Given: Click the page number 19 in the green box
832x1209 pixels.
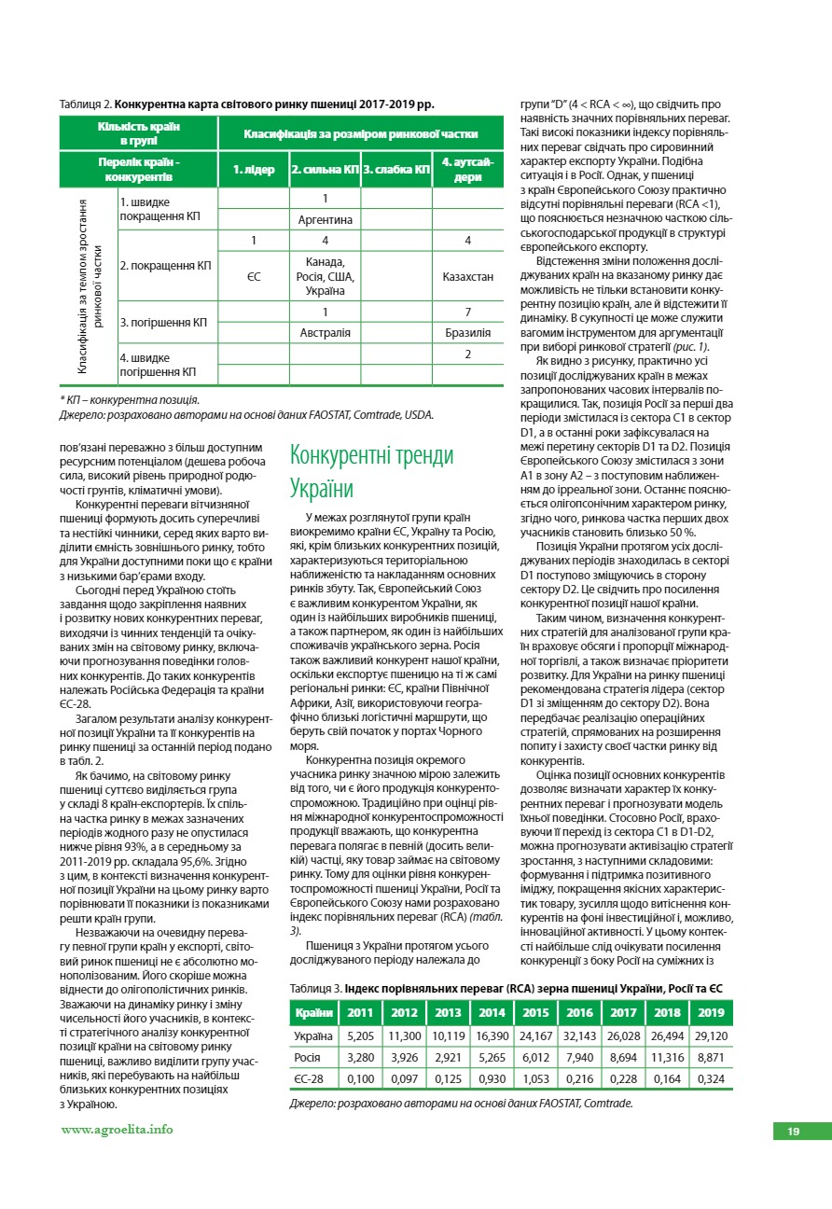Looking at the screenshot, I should pos(794,1132).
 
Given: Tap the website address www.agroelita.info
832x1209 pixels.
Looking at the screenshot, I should pos(117,1129).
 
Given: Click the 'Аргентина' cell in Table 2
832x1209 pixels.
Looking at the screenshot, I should pos(325,220).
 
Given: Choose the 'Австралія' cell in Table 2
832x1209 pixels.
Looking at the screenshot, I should pos(325,332).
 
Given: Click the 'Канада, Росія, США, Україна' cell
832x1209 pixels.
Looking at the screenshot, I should pos(325,276).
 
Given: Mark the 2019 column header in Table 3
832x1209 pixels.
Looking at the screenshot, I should pos(711,1013).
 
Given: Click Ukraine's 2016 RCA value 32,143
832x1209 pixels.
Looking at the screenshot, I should pos(579,1035).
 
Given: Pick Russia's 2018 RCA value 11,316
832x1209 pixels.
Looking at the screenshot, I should pos(667,1058).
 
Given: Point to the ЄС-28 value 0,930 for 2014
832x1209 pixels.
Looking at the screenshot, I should pos(492,1079).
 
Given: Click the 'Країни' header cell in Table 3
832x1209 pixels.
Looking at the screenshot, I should pos(314,1013).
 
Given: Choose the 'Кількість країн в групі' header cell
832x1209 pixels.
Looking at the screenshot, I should pos(138,133).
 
